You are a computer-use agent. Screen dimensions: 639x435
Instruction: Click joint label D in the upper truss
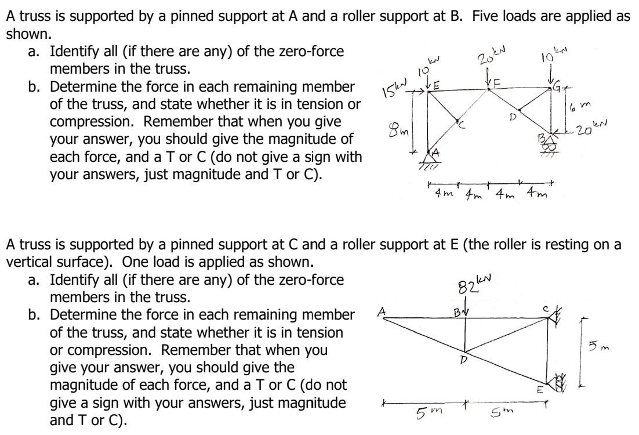pos(511,117)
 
